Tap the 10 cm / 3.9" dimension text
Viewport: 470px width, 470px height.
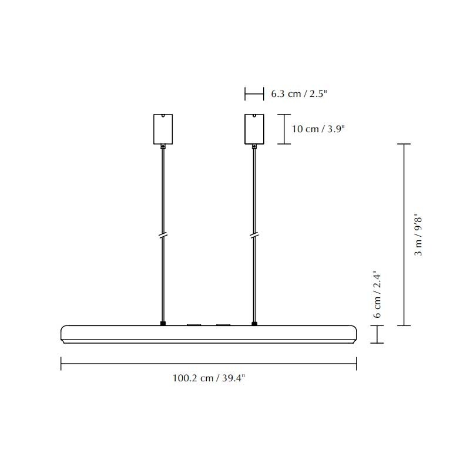pyautogui.click(x=317, y=129)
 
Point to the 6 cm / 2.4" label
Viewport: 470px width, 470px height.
pyautogui.click(x=378, y=294)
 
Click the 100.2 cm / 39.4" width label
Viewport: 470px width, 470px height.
pyautogui.click(x=209, y=378)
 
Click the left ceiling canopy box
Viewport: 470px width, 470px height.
pyautogui.click(x=162, y=129)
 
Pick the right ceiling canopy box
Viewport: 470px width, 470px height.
pyautogui.click(x=254, y=129)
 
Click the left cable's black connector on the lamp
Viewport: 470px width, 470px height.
pyautogui.click(x=163, y=323)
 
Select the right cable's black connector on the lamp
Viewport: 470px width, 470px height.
pyautogui.click(x=254, y=323)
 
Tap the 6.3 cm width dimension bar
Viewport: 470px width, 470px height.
pyautogui.click(x=254, y=93)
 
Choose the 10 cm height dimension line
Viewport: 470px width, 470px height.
pyautogui.click(x=284, y=129)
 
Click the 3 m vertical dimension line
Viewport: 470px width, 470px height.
pyautogui.click(x=403, y=234)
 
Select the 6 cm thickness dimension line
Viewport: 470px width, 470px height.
pyautogui.click(x=376, y=334)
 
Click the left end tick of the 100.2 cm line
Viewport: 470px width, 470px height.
pyautogui.click(x=61, y=364)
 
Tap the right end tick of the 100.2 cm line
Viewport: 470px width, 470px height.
pyautogui.click(x=356, y=364)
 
